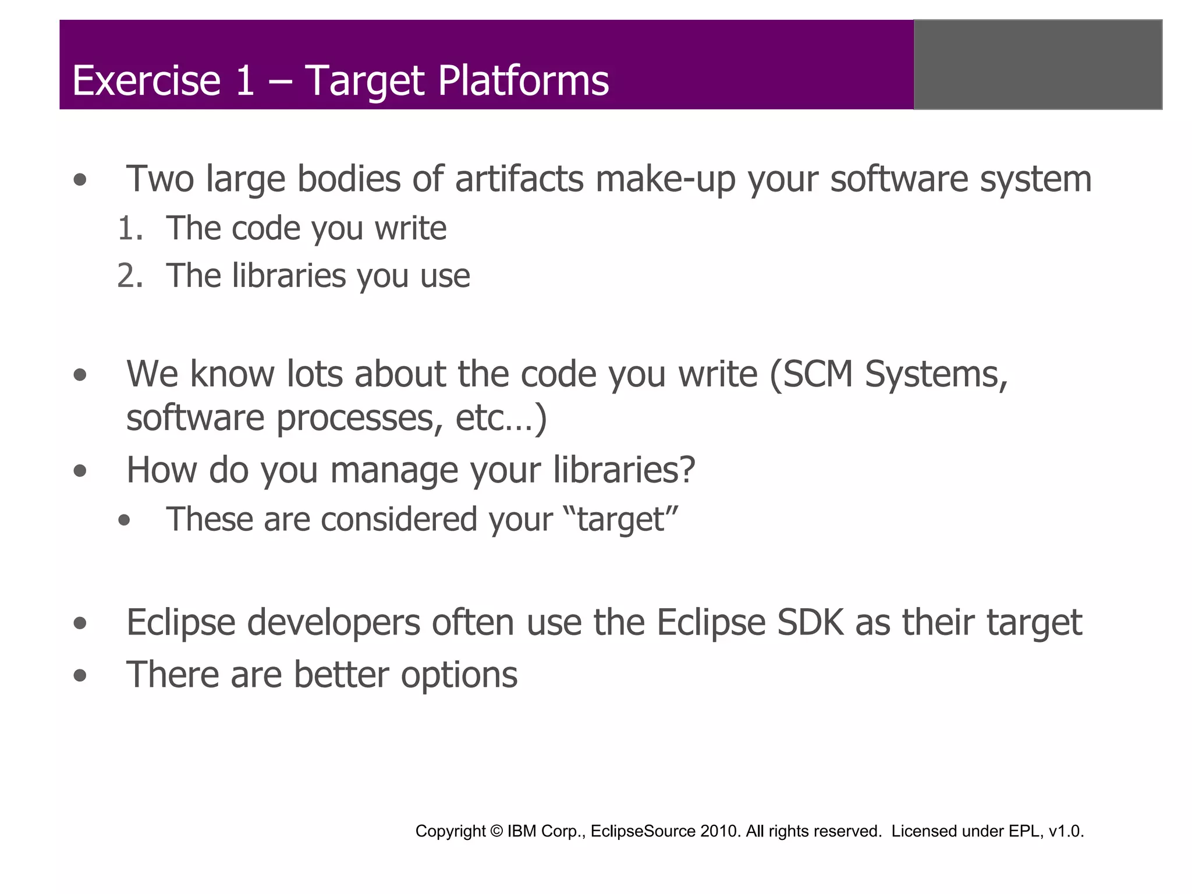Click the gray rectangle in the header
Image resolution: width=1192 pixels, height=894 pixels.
click(x=1038, y=65)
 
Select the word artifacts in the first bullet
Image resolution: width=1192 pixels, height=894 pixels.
click(x=519, y=179)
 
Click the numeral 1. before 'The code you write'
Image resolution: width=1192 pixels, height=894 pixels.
click(x=130, y=228)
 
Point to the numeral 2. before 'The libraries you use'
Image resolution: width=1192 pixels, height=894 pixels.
click(x=130, y=276)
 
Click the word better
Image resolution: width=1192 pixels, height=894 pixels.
click(x=341, y=675)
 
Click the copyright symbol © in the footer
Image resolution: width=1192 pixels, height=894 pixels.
click(x=496, y=831)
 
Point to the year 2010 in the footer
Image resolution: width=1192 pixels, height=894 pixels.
click(x=721, y=831)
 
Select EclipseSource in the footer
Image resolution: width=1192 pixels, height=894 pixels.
click(x=643, y=831)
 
